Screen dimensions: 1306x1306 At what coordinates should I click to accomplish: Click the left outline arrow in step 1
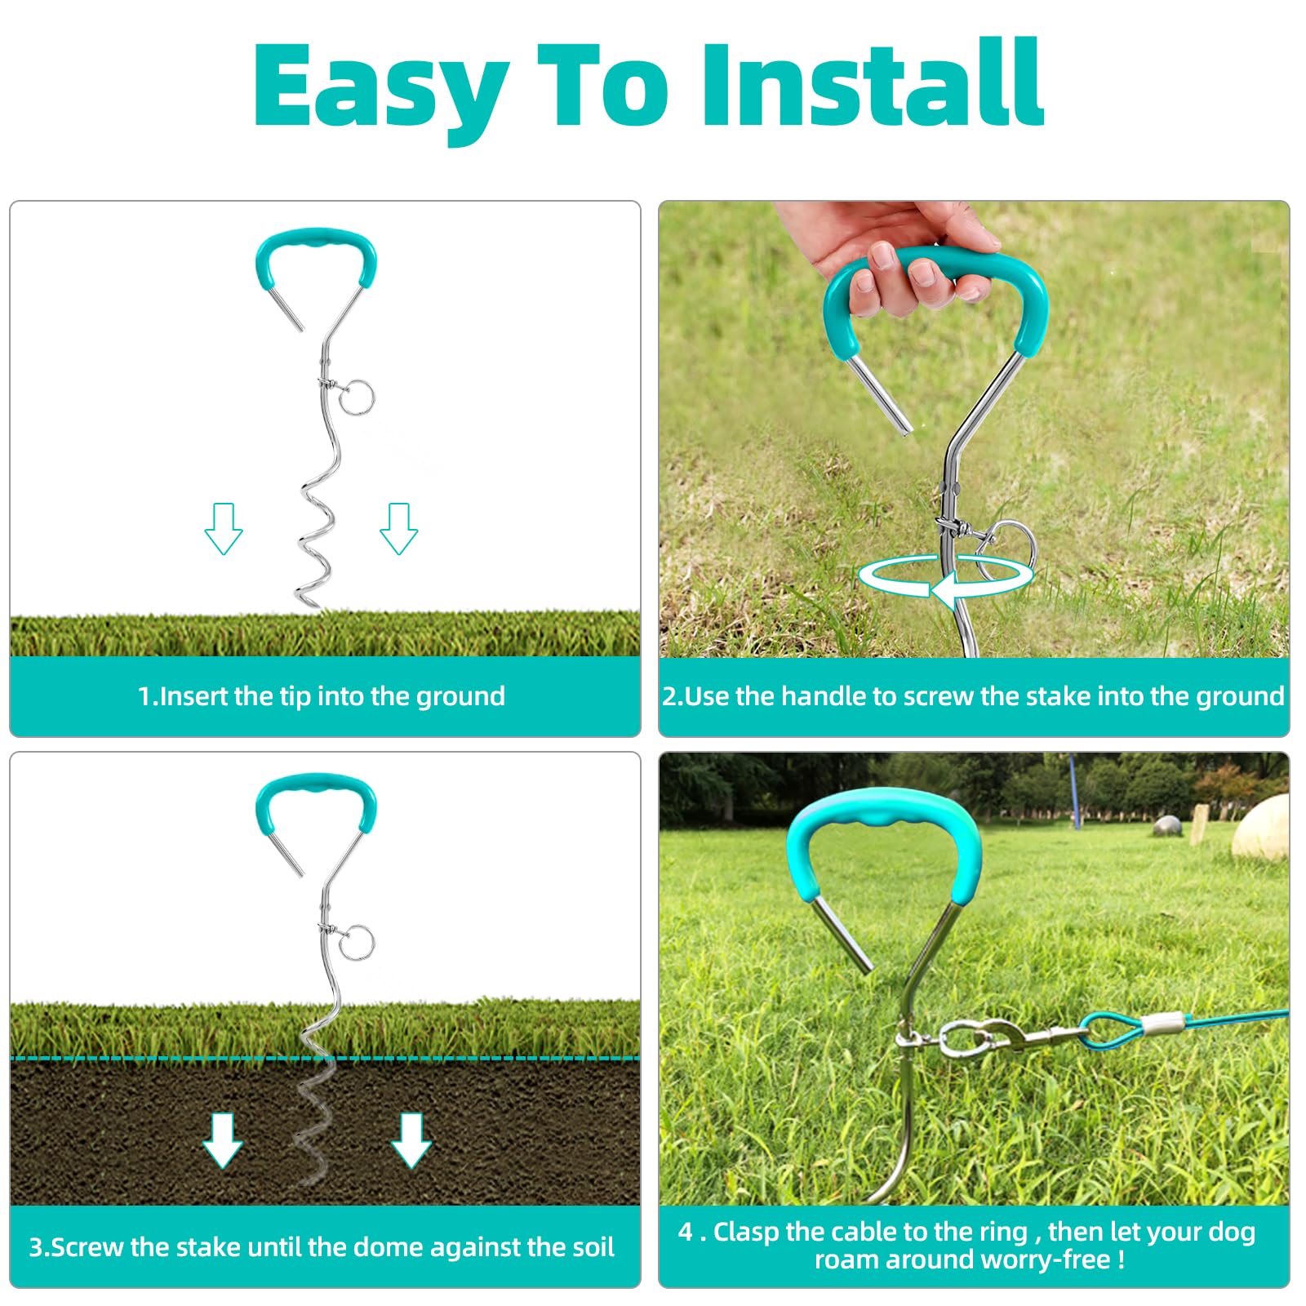pos(223,530)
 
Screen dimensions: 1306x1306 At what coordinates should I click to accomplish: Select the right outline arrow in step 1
pos(398,530)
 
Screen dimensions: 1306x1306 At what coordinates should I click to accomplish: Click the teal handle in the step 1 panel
pos(316,246)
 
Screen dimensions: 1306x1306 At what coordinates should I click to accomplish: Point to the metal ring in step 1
pos(357,398)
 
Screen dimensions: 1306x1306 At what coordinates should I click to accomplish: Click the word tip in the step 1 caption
pos(294,696)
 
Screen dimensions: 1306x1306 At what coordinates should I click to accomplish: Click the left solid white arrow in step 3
pos(222,1139)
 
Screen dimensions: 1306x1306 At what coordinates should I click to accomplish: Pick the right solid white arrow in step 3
pos(411,1139)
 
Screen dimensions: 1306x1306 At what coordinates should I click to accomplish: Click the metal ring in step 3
pos(357,943)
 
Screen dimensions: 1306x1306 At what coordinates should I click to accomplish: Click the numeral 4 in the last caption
pos(686,1232)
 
